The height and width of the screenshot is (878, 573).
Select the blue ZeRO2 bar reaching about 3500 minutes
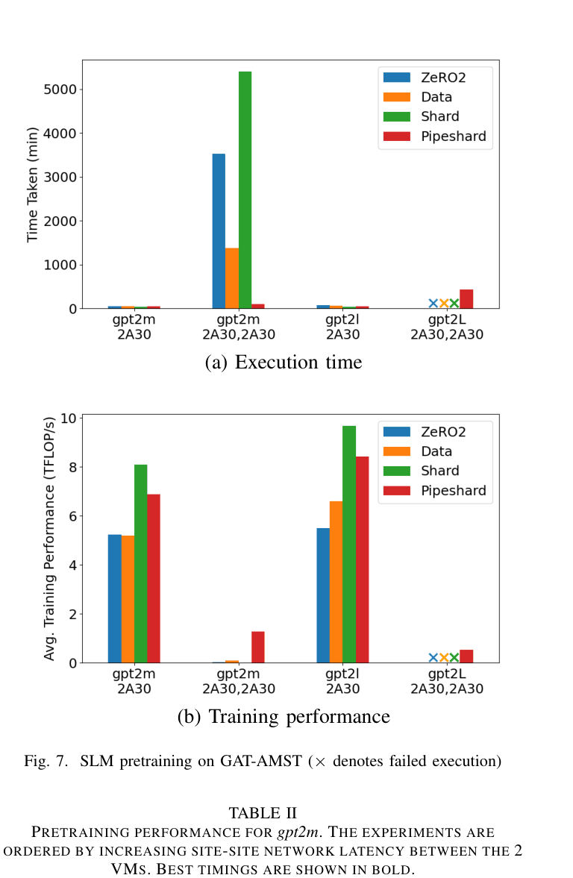tap(219, 231)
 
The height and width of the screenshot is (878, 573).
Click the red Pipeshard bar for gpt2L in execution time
tap(466, 299)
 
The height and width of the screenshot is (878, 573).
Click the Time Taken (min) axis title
tap(33, 184)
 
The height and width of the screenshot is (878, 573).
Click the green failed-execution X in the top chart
tap(454, 304)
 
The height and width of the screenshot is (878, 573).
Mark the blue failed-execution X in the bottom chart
tap(433, 657)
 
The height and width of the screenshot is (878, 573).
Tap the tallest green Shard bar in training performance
tap(349, 545)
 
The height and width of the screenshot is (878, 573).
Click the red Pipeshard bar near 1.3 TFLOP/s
tap(258, 647)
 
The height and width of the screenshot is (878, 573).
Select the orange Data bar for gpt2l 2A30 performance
tap(336, 582)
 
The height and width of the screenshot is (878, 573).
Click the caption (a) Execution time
tap(283, 363)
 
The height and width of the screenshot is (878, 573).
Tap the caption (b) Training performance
tap(283, 717)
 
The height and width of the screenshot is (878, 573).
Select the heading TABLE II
tap(263, 812)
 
